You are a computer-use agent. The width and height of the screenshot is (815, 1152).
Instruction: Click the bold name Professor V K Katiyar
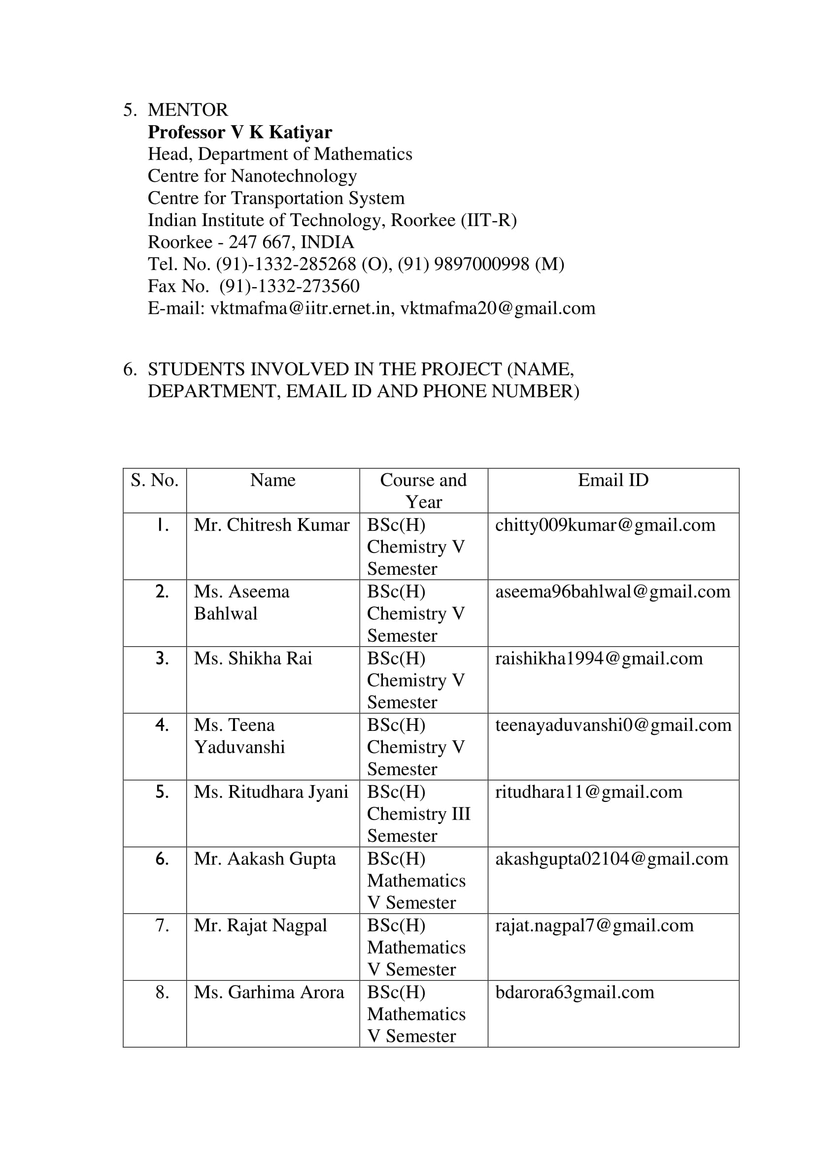[240, 132]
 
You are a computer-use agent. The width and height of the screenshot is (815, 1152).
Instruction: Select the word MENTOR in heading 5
[188, 110]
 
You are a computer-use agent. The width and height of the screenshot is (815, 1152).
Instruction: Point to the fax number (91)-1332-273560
[290, 286]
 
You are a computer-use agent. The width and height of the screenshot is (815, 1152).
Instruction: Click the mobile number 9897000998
[481, 264]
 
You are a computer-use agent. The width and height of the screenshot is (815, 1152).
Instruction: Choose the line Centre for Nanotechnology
[252, 176]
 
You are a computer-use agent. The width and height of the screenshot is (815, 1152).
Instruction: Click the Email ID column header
[613, 480]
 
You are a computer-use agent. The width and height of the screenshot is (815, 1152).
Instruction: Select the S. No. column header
[155, 481]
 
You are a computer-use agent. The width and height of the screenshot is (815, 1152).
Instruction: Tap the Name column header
[272, 480]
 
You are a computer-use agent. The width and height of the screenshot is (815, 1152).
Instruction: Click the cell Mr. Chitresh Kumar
[272, 525]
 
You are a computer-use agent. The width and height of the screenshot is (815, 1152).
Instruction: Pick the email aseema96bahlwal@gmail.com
[613, 592]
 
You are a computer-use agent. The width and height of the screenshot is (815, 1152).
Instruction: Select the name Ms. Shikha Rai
[253, 658]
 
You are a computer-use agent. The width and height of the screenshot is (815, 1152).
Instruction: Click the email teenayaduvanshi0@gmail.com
[613, 725]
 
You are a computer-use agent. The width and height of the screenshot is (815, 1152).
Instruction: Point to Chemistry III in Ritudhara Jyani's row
[418, 814]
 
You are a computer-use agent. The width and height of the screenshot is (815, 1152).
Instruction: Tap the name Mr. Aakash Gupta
[265, 858]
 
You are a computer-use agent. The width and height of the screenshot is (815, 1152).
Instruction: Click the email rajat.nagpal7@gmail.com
[594, 925]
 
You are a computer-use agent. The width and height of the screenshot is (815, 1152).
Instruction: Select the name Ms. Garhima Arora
[269, 992]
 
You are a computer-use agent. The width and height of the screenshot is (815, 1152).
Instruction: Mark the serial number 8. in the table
[162, 992]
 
